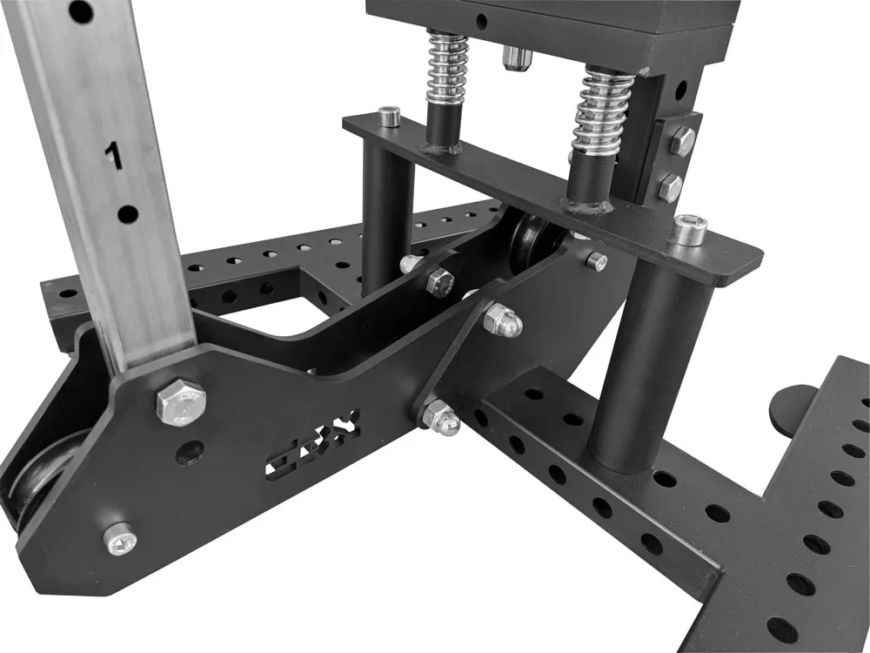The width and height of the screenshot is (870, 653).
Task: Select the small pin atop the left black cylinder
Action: [x=391, y=116]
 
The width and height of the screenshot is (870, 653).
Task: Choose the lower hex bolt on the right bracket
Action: [x=669, y=186]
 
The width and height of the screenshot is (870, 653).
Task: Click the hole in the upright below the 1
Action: [x=128, y=213]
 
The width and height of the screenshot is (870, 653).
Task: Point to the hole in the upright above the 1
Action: [x=80, y=11]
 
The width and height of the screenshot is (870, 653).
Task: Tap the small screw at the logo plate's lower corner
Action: [x=118, y=540]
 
